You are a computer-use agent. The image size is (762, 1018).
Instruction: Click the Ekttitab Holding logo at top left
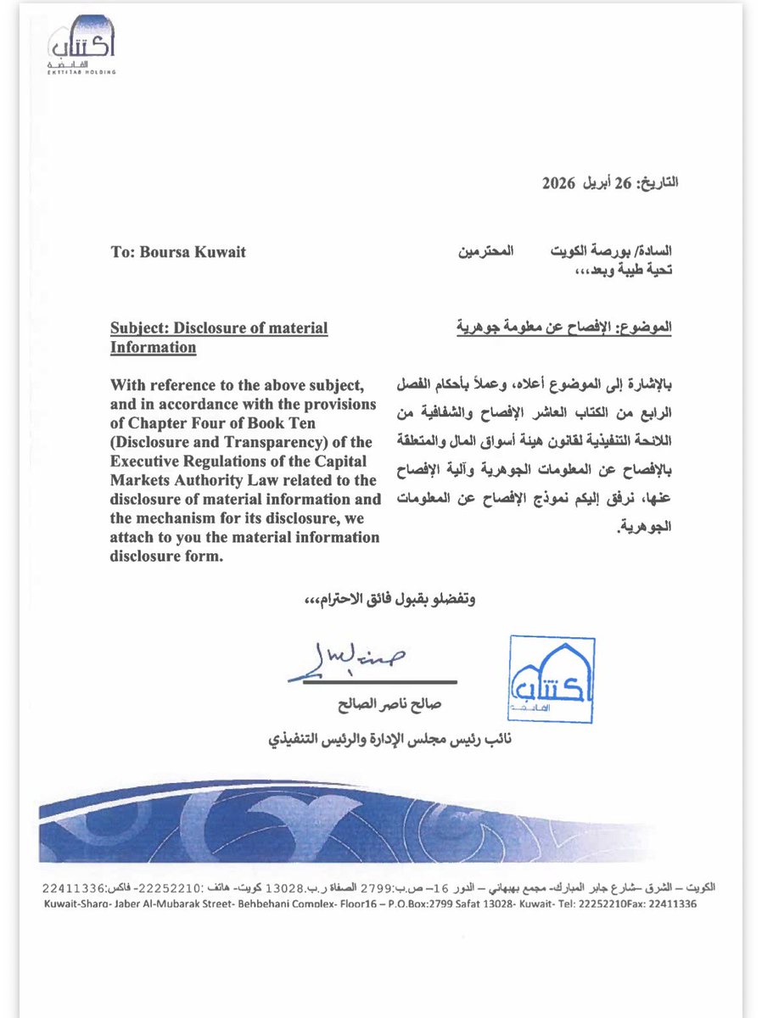point(81,48)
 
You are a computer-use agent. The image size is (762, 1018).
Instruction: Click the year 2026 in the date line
point(557,182)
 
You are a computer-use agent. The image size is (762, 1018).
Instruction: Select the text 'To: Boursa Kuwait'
point(178,251)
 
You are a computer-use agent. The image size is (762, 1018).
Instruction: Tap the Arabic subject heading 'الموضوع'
point(651,326)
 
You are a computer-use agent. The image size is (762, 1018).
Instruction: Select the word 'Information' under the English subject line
point(153,347)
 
